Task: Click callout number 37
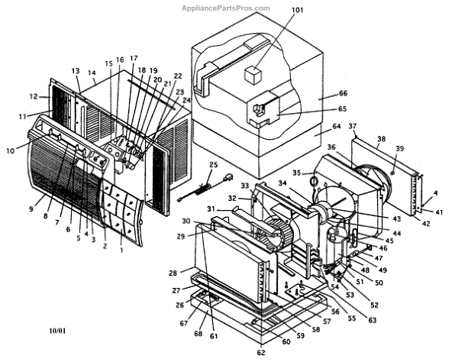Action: coord(353,125)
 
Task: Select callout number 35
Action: coord(297,173)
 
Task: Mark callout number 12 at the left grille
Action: coord(34,96)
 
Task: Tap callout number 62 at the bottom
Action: coord(261,353)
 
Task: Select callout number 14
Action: coord(92,73)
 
